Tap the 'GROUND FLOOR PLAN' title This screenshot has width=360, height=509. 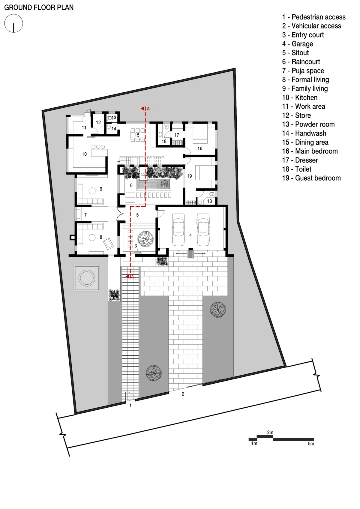coord(39,7)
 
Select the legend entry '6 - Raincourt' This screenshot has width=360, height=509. coord(301,61)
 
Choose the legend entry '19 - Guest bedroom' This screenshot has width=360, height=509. coord(311,178)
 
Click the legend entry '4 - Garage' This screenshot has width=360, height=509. coord(298,43)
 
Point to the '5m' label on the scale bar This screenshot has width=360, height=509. coord(311,443)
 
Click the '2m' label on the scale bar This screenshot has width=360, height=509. coord(270,432)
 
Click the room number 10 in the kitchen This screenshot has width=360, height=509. coord(84,154)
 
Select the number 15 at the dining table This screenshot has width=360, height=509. coord(137,135)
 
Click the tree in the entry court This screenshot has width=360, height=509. coord(145,239)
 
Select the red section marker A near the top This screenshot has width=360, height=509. coord(145,109)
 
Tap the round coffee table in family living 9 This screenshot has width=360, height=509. coord(92,191)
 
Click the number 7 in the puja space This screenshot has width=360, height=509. coord(85,215)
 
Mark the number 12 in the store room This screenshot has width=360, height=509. coord(98,122)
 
